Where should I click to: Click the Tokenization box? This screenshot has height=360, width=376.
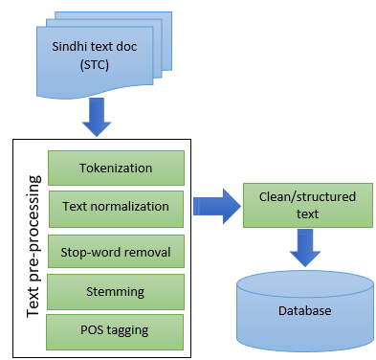pos(115,169)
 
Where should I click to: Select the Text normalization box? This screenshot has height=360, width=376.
pos(115,206)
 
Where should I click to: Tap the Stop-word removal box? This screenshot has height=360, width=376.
pos(115,252)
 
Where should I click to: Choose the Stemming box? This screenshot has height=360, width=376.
pos(115,290)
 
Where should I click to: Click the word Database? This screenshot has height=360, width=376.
pos(305,312)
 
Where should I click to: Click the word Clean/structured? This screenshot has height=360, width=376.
pos(308,197)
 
